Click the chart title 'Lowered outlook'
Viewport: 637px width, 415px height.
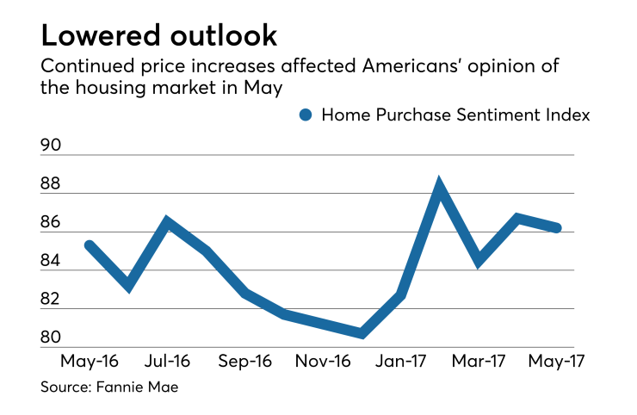159,35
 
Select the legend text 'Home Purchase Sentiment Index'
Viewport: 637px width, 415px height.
455,115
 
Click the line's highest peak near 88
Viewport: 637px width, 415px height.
439,186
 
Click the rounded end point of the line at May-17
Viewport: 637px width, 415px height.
557,228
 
